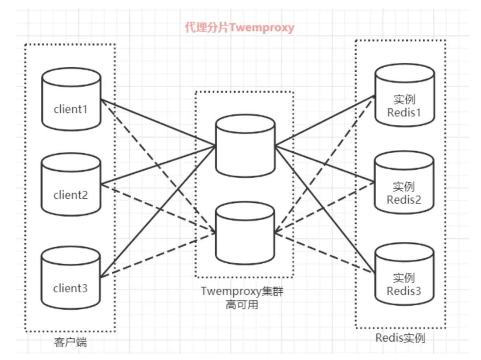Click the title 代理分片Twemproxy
tap(240, 28)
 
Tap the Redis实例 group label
tap(400, 338)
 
